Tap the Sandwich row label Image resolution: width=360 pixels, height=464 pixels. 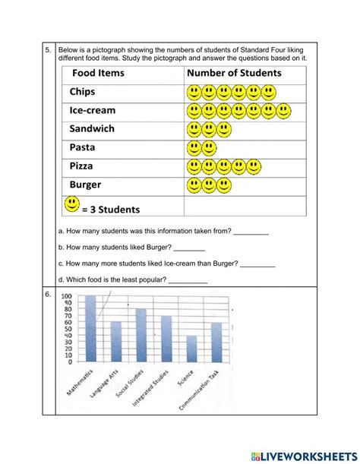92,129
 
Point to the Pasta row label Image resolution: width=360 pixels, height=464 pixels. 83,147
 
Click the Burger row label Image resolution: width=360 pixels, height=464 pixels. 86,185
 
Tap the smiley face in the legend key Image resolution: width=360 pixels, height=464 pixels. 71,204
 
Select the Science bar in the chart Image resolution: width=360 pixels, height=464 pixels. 191,348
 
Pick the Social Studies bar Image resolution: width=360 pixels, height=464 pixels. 141,335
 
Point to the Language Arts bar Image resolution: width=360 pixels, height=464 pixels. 116,341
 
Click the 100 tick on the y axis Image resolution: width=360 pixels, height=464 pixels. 67,297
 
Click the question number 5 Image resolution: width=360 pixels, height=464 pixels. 47,50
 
